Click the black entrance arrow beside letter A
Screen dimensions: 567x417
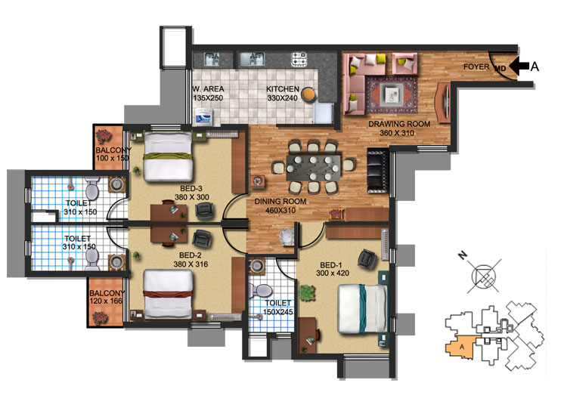519,66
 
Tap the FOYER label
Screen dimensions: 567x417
476,66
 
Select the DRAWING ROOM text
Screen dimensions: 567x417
399,124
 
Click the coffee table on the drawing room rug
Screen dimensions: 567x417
392,95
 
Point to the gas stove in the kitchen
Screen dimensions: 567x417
299,58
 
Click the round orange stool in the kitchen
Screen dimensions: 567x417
308,94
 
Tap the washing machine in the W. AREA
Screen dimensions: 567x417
204,117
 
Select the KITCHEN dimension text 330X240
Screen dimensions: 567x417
283,98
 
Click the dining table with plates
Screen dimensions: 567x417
314,168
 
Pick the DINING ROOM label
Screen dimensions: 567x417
280,202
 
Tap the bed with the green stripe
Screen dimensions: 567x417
167,156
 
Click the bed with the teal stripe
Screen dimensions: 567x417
362,308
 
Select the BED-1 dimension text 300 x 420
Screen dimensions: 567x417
333,273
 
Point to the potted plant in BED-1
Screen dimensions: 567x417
308,292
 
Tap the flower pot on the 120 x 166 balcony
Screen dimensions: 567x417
100,318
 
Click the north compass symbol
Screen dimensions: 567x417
484,276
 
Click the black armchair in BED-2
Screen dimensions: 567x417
201,239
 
